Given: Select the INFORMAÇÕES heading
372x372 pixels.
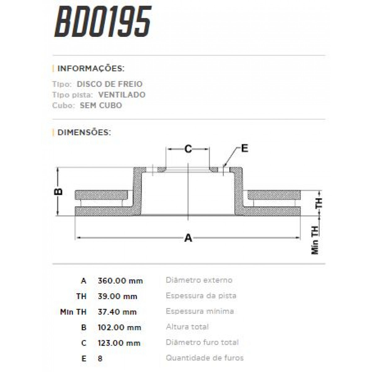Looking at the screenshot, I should [91, 69].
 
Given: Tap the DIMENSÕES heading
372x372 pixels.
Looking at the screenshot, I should [84, 132].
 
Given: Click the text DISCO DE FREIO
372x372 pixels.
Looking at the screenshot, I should [109, 84].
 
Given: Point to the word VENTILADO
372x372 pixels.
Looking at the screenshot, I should [122, 95].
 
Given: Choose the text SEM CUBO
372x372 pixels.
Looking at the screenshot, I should [101, 105].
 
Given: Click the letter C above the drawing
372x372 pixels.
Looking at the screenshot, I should [188, 149].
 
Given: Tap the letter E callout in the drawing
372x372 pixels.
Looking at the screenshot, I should [245, 148].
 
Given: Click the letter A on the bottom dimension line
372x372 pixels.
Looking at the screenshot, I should [188, 238].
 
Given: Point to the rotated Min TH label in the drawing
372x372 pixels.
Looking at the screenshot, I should [315, 240].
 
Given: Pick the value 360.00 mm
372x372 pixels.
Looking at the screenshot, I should [120, 281].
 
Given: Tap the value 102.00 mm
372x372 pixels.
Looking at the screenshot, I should [119, 327].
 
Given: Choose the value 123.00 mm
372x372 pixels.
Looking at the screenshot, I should [119, 343].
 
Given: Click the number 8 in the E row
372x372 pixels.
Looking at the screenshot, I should [100, 358].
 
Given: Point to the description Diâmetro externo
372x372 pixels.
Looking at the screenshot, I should [199, 280].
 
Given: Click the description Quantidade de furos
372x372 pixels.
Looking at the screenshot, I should [205, 358].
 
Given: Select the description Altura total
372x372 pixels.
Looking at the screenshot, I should [187, 327].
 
